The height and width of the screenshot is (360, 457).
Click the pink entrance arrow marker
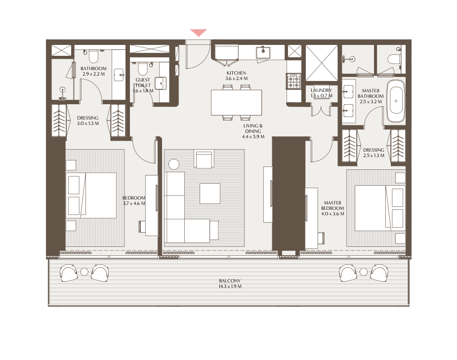coord(199,32)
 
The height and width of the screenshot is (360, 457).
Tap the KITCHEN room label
coord(236,73)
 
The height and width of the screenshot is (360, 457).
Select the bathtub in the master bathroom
coord(396,101)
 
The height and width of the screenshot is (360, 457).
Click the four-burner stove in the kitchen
coord(293,81)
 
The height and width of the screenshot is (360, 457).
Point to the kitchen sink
coord(263,53)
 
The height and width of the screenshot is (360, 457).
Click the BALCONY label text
coord(230,281)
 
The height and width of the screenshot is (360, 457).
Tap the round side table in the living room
coord(174,164)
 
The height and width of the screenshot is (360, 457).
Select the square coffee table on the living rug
coord(210,194)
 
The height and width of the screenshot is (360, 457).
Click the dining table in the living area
coord(236,103)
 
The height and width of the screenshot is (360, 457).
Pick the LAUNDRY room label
coord(321,90)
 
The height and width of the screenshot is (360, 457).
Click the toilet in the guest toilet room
coord(142,68)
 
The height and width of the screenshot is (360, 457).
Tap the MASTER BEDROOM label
coord(332,205)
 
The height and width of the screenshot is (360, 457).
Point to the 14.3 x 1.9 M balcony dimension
coord(230,286)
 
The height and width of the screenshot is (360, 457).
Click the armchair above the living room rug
coord(204,160)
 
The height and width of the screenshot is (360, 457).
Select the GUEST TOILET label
coord(143,82)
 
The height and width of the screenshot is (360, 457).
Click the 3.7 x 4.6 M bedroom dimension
coord(134,203)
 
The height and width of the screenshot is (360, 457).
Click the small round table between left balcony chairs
coord(84,272)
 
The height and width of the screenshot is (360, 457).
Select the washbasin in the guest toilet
coord(160,83)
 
